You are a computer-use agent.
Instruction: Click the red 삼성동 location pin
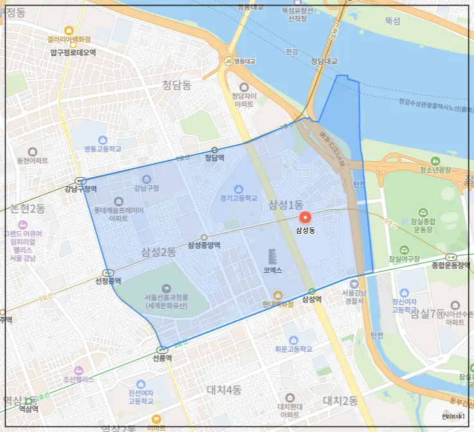[x=306, y=218]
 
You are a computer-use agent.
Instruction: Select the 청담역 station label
[x=214, y=157]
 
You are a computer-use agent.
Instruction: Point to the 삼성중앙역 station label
[x=204, y=245]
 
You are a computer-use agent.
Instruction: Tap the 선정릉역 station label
[x=108, y=281]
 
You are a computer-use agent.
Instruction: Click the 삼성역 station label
[x=311, y=299]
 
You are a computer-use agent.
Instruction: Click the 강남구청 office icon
[x=145, y=179]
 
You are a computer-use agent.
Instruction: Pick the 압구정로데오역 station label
[x=73, y=53]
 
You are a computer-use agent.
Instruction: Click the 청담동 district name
[x=177, y=85]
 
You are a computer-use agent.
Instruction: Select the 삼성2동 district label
[x=159, y=252]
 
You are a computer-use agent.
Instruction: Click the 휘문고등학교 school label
[x=293, y=349]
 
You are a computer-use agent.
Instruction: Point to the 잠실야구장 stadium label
[x=404, y=259]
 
